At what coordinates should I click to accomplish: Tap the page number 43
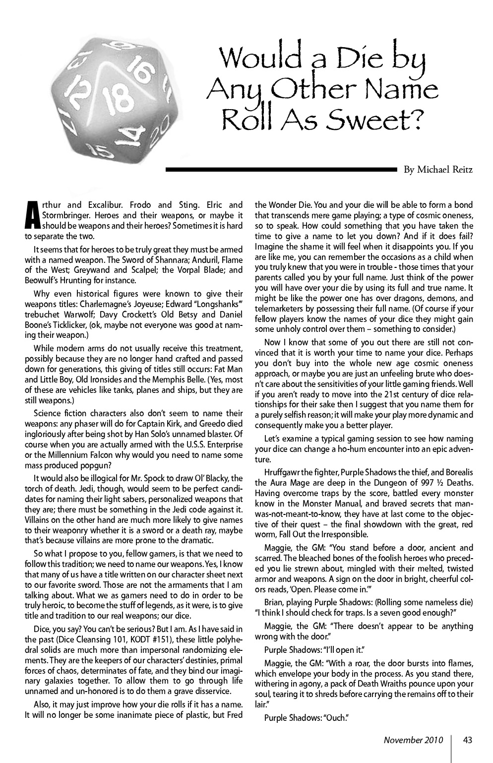pos(467,740)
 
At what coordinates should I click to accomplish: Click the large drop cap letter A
pos(32,215)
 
